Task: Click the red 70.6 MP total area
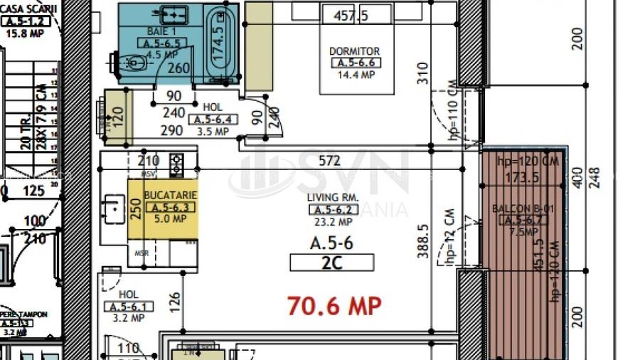[334, 306]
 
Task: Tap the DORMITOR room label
[354, 51]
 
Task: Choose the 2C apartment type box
[331, 263]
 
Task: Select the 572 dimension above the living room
[329, 162]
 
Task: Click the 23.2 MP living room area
[332, 221]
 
